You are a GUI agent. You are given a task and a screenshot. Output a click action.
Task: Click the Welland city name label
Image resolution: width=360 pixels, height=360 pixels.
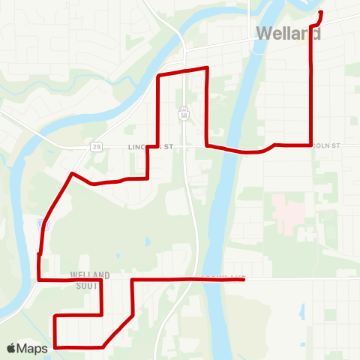[289, 34]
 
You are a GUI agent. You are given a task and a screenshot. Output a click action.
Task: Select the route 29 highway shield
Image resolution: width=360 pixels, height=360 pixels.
[97, 147]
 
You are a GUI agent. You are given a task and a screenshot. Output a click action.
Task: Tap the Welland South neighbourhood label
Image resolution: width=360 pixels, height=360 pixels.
[90, 279]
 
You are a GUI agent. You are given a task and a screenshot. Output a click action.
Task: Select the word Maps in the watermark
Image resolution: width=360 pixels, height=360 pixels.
[34, 348]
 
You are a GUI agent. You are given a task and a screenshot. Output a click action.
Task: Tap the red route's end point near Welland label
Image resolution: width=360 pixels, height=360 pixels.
[321, 13]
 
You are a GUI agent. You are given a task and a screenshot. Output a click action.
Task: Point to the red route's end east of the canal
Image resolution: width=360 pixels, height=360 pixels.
[245, 279]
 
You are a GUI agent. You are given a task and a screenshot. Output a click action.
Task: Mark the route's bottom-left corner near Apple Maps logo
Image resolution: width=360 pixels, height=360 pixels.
[55, 346]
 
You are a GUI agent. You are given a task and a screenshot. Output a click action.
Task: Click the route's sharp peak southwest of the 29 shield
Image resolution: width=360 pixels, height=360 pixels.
[71, 174]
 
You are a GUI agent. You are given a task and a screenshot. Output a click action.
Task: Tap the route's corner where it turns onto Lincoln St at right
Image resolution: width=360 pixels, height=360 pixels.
[310, 144]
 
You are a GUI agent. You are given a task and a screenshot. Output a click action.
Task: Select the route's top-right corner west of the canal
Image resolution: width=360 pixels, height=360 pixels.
[206, 68]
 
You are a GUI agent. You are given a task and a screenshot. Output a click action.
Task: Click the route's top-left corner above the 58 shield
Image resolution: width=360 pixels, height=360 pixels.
[157, 76]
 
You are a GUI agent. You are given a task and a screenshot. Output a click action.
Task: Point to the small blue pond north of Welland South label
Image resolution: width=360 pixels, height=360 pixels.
[148, 242]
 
